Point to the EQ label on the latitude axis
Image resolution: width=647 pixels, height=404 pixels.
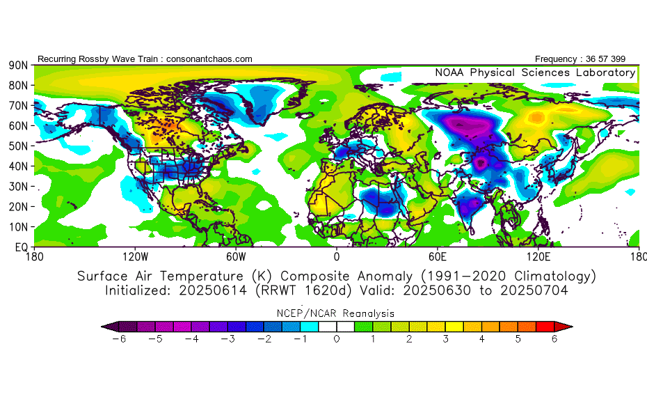pos(20,247)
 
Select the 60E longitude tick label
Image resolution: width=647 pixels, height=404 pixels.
pos(438,256)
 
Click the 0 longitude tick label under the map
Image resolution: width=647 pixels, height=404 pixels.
pos(337,256)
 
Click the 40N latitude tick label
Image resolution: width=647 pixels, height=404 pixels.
pos(18,166)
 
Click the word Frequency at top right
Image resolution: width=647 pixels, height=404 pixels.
pos(555,59)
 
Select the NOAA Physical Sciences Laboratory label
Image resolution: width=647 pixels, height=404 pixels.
pos(535,72)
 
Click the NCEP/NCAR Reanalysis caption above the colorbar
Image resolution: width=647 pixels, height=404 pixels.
pos(337,313)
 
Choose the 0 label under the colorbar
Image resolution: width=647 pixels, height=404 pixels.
pos(337,339)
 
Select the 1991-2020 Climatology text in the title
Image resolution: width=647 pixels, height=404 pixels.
pos(525,276)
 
